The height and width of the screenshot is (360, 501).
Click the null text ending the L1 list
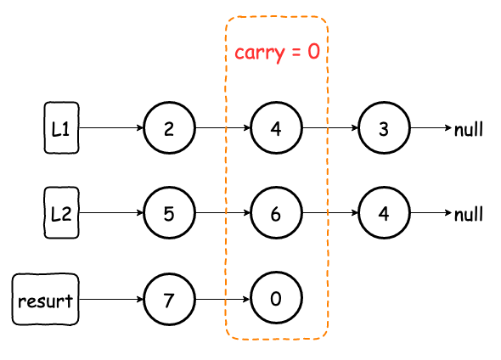pos(469,129)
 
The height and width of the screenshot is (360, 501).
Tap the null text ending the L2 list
pos(469,214)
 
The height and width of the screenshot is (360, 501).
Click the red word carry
pos(260,53)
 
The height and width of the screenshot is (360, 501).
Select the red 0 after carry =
pos(314,51)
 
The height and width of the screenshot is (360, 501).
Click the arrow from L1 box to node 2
pos(111,127)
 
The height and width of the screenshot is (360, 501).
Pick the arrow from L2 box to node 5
pos(111,213)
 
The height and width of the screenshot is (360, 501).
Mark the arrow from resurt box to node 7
pos(111,300)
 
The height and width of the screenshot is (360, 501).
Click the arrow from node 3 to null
pos(431,127)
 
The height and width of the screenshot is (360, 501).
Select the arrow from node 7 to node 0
pos(222,300)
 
